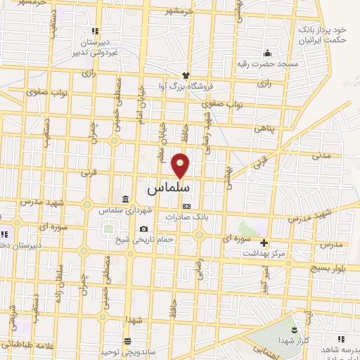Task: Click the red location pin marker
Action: pyautogui.click(x=181, y=165)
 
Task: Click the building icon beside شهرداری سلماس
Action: pyautogui.click(x=124, y=199)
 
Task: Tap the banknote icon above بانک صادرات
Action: pyautogui.click(x=186, y=206)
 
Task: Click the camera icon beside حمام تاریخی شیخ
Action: pyautogui.click(x=144, y=229)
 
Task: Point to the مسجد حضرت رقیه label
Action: pyautogui.click(x=268, y=64)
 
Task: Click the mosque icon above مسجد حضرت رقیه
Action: pyautogui.click(x=267, y=53)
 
